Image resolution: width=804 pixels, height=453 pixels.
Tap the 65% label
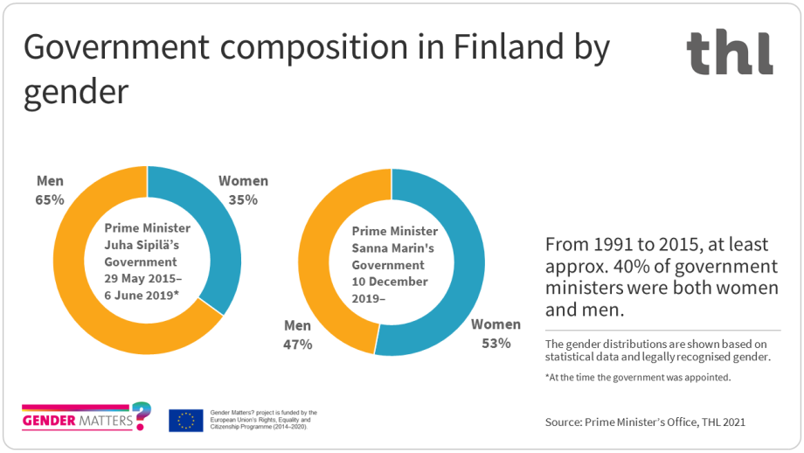click(x=50, y=199)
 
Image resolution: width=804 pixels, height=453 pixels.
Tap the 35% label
click(x=243, y=199)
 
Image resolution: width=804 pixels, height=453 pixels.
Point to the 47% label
click(x=297, y=344)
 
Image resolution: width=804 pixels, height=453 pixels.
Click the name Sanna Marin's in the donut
click(x=393, y=248)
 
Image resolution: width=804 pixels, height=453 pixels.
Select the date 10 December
click(x=390, y=282)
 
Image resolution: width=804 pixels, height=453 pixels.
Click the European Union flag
click(x=186, y=420)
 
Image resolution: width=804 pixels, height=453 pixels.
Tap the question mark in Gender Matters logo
click(x=141, y=415)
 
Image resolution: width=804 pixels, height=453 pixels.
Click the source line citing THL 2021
click(x=646, y=422)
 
